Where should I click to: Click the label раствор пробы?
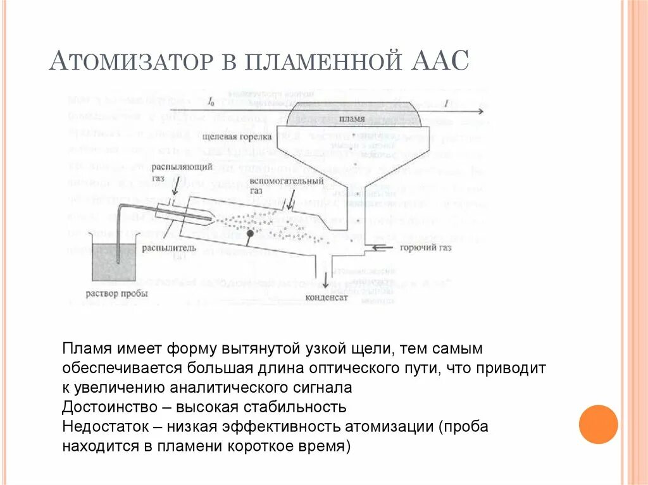[x=116, y=293]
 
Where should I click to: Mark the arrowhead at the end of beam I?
[x=482, y=111]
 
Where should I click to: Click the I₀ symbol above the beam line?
[x=211, y=101]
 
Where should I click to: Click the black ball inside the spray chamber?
[x=251, y=234]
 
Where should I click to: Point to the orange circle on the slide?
[x=597, y=424]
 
